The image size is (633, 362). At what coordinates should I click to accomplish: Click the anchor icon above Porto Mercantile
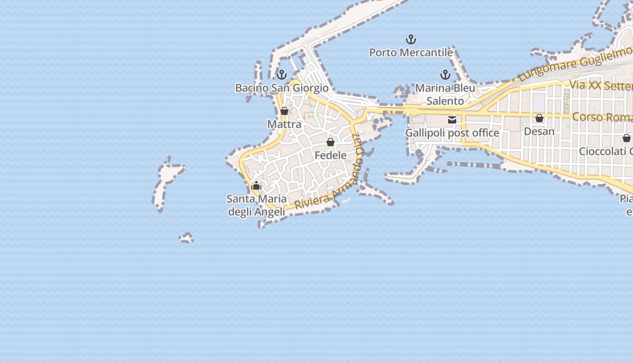[x=411, y=39]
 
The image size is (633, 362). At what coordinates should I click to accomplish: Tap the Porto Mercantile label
[x=411, y=52]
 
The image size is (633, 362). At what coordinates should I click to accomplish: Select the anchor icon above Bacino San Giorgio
[x=282, y=75]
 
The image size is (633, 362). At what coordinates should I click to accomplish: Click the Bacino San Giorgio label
[x=282, y=88]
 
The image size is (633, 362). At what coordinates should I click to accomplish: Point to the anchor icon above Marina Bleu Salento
[x=445, y=75]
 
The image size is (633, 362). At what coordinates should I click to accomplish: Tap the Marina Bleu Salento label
[x=445, y=94]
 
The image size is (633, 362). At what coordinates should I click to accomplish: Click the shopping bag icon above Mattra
[x=284, y=111]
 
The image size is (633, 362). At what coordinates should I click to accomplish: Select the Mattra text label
[x=284, y=124]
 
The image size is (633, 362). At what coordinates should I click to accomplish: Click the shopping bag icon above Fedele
[x=331, y=142]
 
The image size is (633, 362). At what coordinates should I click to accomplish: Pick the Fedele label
[x=331, y=155]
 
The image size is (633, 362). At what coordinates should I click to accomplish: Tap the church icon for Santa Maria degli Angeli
[x=256, y=186]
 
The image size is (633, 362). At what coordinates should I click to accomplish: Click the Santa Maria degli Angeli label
[x=256, y=205]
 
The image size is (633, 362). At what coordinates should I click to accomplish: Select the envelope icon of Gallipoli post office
[x=452, y=120]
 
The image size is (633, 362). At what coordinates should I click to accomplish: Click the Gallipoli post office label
[x=452, y=133]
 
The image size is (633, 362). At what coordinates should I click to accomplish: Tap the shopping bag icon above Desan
[x=539, y=118]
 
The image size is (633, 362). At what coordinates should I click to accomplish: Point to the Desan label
[x=539, y=131]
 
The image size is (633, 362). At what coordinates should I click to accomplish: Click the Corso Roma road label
[x=601, y=117]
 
